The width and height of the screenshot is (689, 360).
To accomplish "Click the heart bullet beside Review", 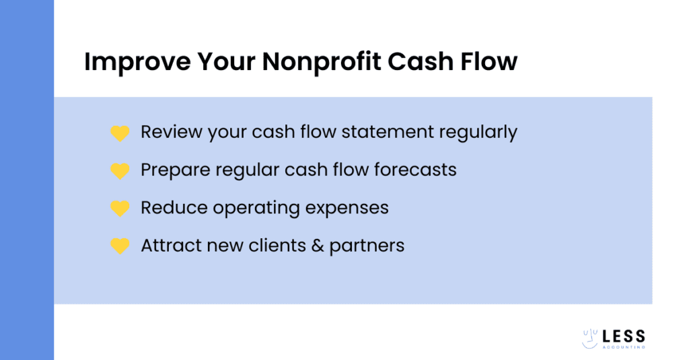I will click(x=120, y=133).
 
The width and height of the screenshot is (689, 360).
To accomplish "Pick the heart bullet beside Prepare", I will click(x=120, y=171).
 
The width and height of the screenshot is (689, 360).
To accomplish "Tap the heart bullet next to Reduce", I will click(x=120, y=209).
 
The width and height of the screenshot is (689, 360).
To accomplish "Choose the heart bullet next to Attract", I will click(x=120, y=246).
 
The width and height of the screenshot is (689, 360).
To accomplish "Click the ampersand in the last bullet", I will click(x=318, y=246).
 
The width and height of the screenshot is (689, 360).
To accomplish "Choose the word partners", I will click(x=367, y=246).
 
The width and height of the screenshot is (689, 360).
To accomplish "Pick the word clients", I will click(x=277, y=246).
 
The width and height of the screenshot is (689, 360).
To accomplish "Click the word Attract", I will click(x=167, y=246).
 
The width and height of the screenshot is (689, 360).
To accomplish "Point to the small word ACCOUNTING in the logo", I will click(x=624, y=347).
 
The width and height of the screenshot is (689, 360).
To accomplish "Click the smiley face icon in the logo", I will click(x=590, y=339).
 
